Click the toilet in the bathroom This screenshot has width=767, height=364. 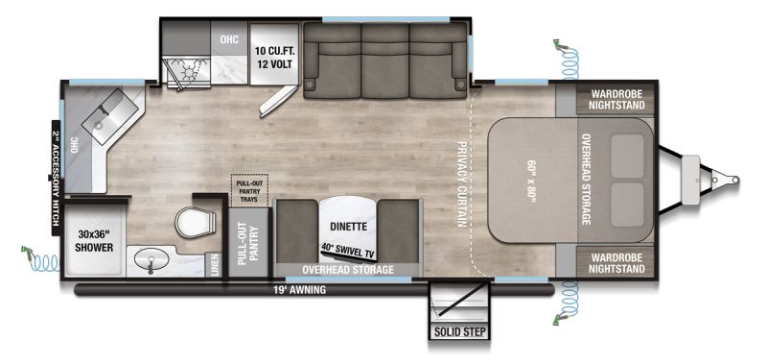pos(196,222)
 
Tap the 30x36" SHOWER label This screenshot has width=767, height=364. pos(94,241)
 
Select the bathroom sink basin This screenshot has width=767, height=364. pos(150,257)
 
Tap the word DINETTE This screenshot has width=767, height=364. pos(348,227)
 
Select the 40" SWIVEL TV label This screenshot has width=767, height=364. pos(349,250)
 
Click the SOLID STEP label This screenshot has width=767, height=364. pos(460,332)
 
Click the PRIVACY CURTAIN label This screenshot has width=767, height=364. pos(461,184)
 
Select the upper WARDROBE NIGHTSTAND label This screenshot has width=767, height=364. pos(616,100)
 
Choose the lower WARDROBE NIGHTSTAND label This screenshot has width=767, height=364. pos(616,263)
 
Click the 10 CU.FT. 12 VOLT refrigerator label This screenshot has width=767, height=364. pos(273,58)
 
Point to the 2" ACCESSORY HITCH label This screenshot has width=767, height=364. pos(57,178)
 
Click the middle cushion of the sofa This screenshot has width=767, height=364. pos(384,61)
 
